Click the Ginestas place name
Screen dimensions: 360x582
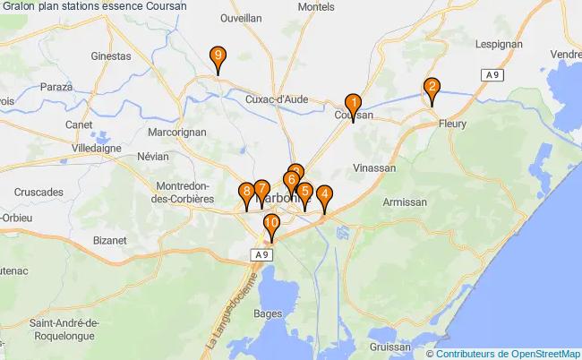(110, 56)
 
